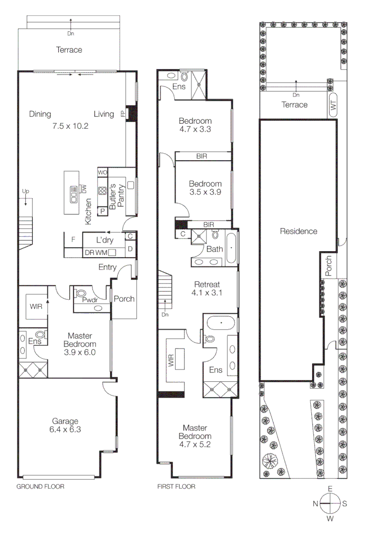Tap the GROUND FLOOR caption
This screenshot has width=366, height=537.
[x=41, y=487]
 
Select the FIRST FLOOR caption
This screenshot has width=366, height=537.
[x=176, y=487]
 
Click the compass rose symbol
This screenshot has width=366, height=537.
[x=330, y=504]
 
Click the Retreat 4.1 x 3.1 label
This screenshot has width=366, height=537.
[x=207, y=288]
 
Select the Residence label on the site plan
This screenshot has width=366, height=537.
[x=298, y=231]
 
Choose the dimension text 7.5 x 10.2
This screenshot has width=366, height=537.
[x=70, y=126]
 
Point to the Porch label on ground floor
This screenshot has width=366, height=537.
[x=124, y=299]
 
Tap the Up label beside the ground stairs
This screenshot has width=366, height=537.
[x=25, y=191]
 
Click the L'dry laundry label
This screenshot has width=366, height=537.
[x=105, y=240]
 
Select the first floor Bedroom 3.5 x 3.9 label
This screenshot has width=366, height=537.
[x=205, y=187]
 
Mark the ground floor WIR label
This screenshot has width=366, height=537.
[x=36, y=307]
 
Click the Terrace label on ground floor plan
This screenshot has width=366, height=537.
[x=69, y=50]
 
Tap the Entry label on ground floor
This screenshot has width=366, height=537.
[x=107, y=268]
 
